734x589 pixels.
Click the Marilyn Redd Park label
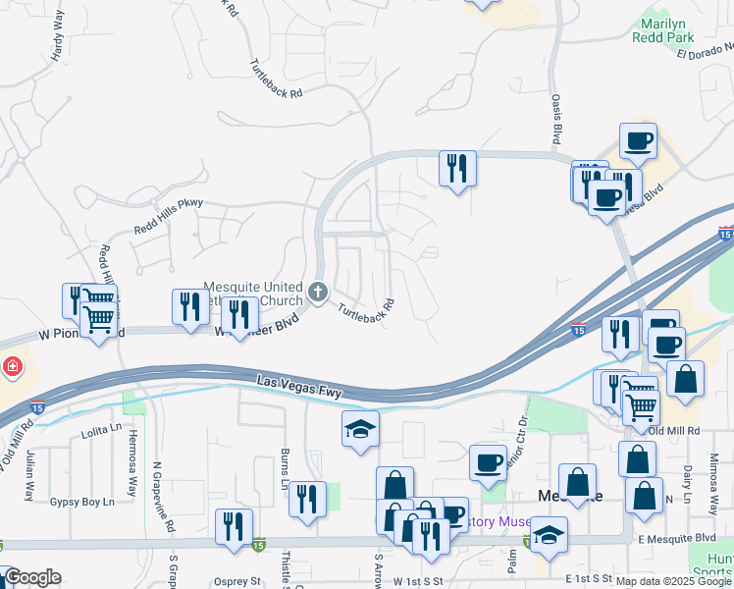click(666, 29)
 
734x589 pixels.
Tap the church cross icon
click(317, 291)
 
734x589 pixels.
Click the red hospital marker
click(12, 367)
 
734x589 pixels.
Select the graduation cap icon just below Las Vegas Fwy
click(360, 428)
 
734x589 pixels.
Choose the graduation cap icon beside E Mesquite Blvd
click(549, 535)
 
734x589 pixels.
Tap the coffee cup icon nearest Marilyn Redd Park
click(637, 139)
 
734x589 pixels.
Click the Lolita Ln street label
click(101, 430)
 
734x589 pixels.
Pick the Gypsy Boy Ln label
click(81, 502)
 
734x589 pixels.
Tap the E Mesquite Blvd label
click(676, 538)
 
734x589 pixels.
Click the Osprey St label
click(236, 581)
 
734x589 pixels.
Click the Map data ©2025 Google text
click(674, 581)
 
